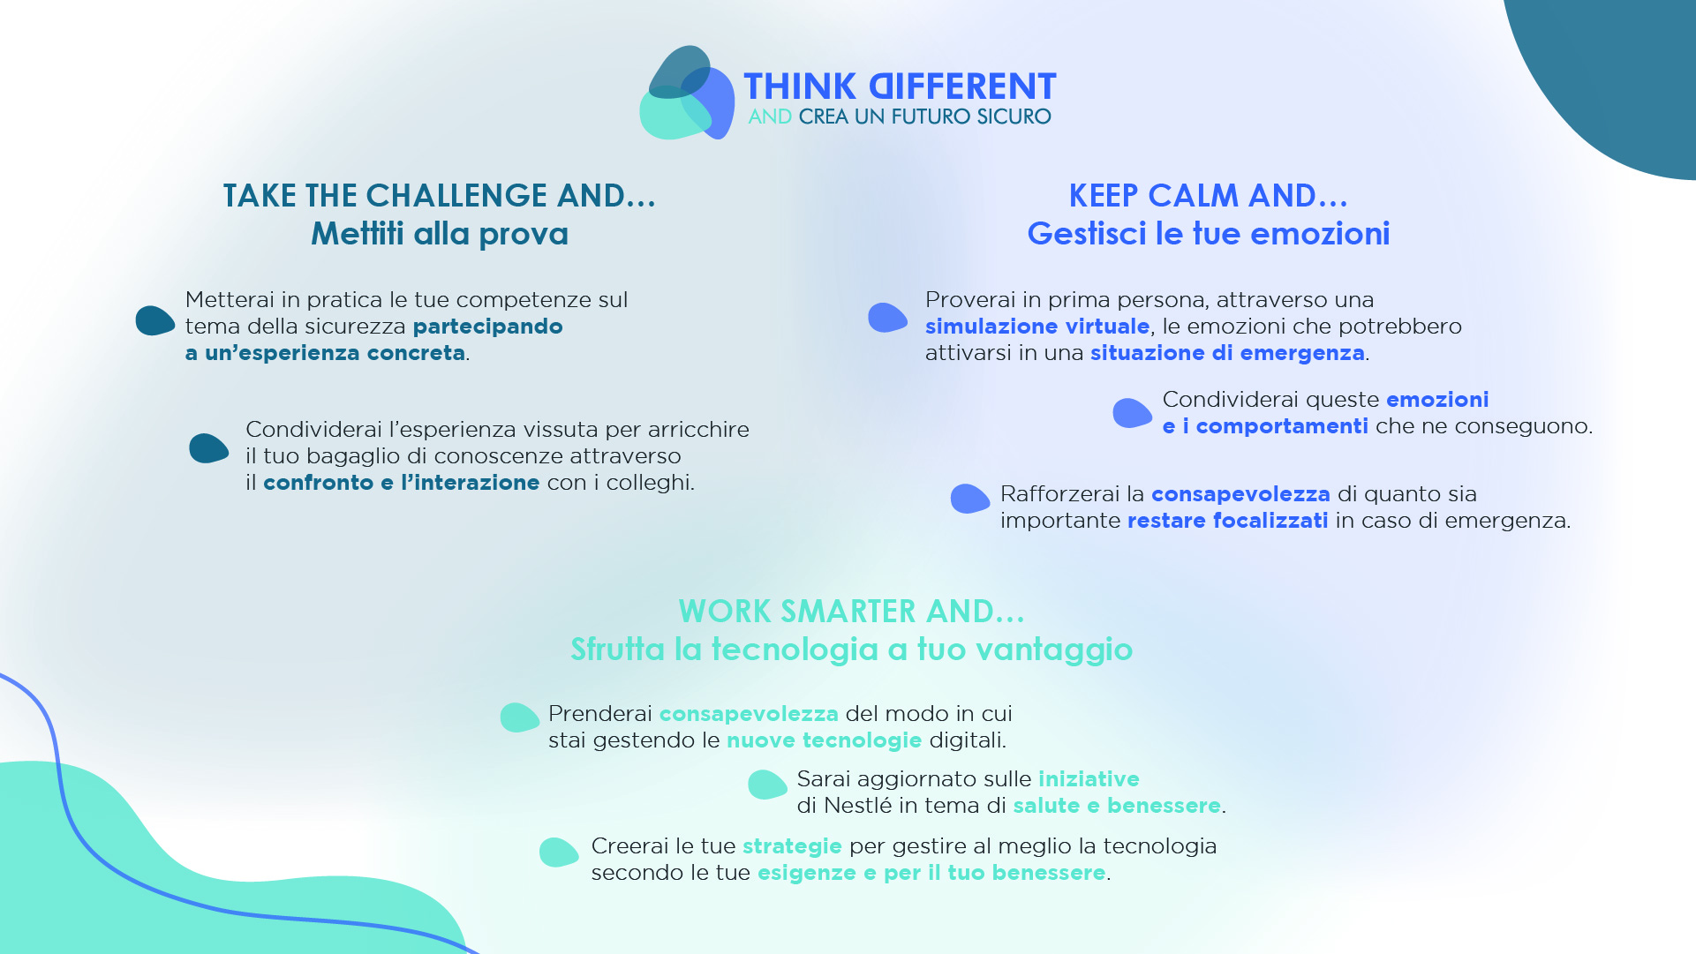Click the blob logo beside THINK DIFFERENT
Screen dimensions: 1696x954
point(687,93)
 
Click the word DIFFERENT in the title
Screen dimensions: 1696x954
point(962,86)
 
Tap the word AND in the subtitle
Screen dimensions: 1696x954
point(770,116)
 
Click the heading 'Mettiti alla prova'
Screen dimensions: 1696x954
point(440,234)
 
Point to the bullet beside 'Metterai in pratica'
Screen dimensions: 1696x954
point(155,320)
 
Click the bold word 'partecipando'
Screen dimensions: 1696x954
point(487,327)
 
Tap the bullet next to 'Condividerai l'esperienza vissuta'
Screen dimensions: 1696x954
point(208,448)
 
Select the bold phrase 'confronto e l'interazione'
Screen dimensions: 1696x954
point(401,483)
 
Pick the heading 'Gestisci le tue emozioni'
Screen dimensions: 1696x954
point(1209,234)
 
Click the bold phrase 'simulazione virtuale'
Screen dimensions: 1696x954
point(1037,327)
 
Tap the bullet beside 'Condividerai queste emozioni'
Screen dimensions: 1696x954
point(1132,413)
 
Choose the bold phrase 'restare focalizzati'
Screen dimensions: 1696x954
point(1227,521)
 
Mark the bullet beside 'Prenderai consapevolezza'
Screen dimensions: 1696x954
point(519,717)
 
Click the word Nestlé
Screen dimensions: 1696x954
point(857,806)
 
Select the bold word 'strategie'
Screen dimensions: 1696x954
point(792,846)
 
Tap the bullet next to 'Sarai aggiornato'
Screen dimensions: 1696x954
point(767,785)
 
